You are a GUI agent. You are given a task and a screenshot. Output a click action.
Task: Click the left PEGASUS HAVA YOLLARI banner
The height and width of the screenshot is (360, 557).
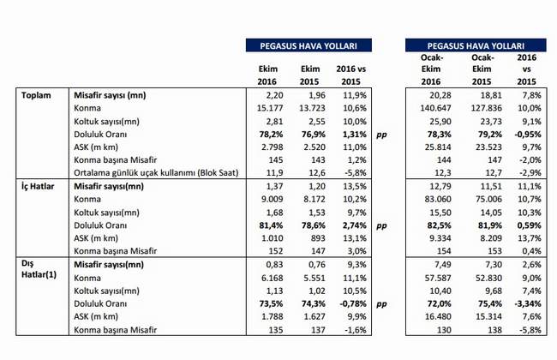[x=308, y=45]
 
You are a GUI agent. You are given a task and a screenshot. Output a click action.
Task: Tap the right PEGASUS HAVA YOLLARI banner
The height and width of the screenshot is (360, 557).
[x=476, y=45]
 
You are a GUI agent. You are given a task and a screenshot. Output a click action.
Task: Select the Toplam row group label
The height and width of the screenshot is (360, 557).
[x=36, y=95]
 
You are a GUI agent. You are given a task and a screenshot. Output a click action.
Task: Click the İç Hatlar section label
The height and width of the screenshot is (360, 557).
[x=38, y=186]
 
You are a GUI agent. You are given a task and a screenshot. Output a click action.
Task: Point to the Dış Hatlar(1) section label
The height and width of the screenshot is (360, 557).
[x=39, y=269]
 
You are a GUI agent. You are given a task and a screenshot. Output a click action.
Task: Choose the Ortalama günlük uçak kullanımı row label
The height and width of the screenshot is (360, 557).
[x=156, y=173]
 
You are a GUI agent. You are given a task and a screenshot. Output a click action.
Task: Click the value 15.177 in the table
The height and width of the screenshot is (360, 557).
[x=270, y=108]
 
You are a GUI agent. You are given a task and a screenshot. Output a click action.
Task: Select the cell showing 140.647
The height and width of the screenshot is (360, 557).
[x=435, y=108]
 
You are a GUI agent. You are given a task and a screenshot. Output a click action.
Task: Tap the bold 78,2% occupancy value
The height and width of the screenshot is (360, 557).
[x=272, y=135]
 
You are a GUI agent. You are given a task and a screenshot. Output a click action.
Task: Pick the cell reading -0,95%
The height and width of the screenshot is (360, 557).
[x=527, y=135]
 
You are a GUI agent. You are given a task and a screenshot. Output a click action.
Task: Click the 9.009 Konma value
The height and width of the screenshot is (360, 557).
[x=273, y=199]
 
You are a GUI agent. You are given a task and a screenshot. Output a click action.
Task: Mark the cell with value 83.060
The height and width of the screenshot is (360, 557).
[x=438, y=199]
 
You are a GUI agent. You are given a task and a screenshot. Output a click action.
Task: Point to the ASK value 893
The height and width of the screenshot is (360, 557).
[x=318, y=238]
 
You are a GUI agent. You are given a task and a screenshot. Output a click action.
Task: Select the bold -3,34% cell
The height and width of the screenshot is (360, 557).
[x=528, y=303]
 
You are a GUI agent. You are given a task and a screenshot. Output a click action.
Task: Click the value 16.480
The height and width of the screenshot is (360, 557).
[x=438, y=316]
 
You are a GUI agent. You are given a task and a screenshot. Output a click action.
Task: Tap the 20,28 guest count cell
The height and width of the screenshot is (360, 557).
[x=440, y=95]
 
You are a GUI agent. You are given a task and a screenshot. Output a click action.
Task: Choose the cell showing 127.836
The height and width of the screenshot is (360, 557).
[x=487, y=108]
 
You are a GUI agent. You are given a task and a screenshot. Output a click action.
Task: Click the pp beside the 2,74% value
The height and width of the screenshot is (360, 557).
[x=381, y=226]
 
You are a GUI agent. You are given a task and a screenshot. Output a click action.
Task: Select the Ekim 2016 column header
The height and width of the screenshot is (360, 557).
[x=267, y=75]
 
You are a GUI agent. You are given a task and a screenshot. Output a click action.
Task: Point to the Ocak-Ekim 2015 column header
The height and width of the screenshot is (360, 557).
[x=482, y=69]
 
